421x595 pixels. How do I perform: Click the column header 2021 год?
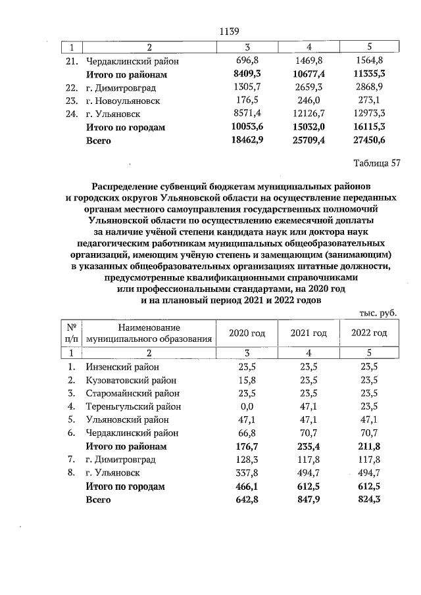pyautogui.click(x=309, y=333)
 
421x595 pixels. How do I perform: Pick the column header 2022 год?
pyautogui.click(x=369, y=333)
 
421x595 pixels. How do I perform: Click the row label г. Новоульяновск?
pyautogui.click(x=123, y=101)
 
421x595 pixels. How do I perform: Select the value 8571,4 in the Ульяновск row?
pyautogui.click(x=248, y=114)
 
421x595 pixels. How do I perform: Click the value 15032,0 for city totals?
pyautogui.click(x=309, y=128)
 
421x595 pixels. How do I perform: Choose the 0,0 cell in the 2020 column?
pyautogui.click(x=248, y=406)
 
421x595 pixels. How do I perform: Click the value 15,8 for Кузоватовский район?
pyautogui.click(x=248, y=380)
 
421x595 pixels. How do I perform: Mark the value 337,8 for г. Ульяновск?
pyautogui.click(x=248, y=472)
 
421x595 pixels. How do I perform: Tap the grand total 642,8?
pyautogui.click(x=248, y=499)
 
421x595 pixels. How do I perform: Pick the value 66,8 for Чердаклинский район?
pyautogui.click(x=248, y=433)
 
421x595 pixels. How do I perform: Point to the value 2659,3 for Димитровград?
pyautogui.click(x=309, y=87)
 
